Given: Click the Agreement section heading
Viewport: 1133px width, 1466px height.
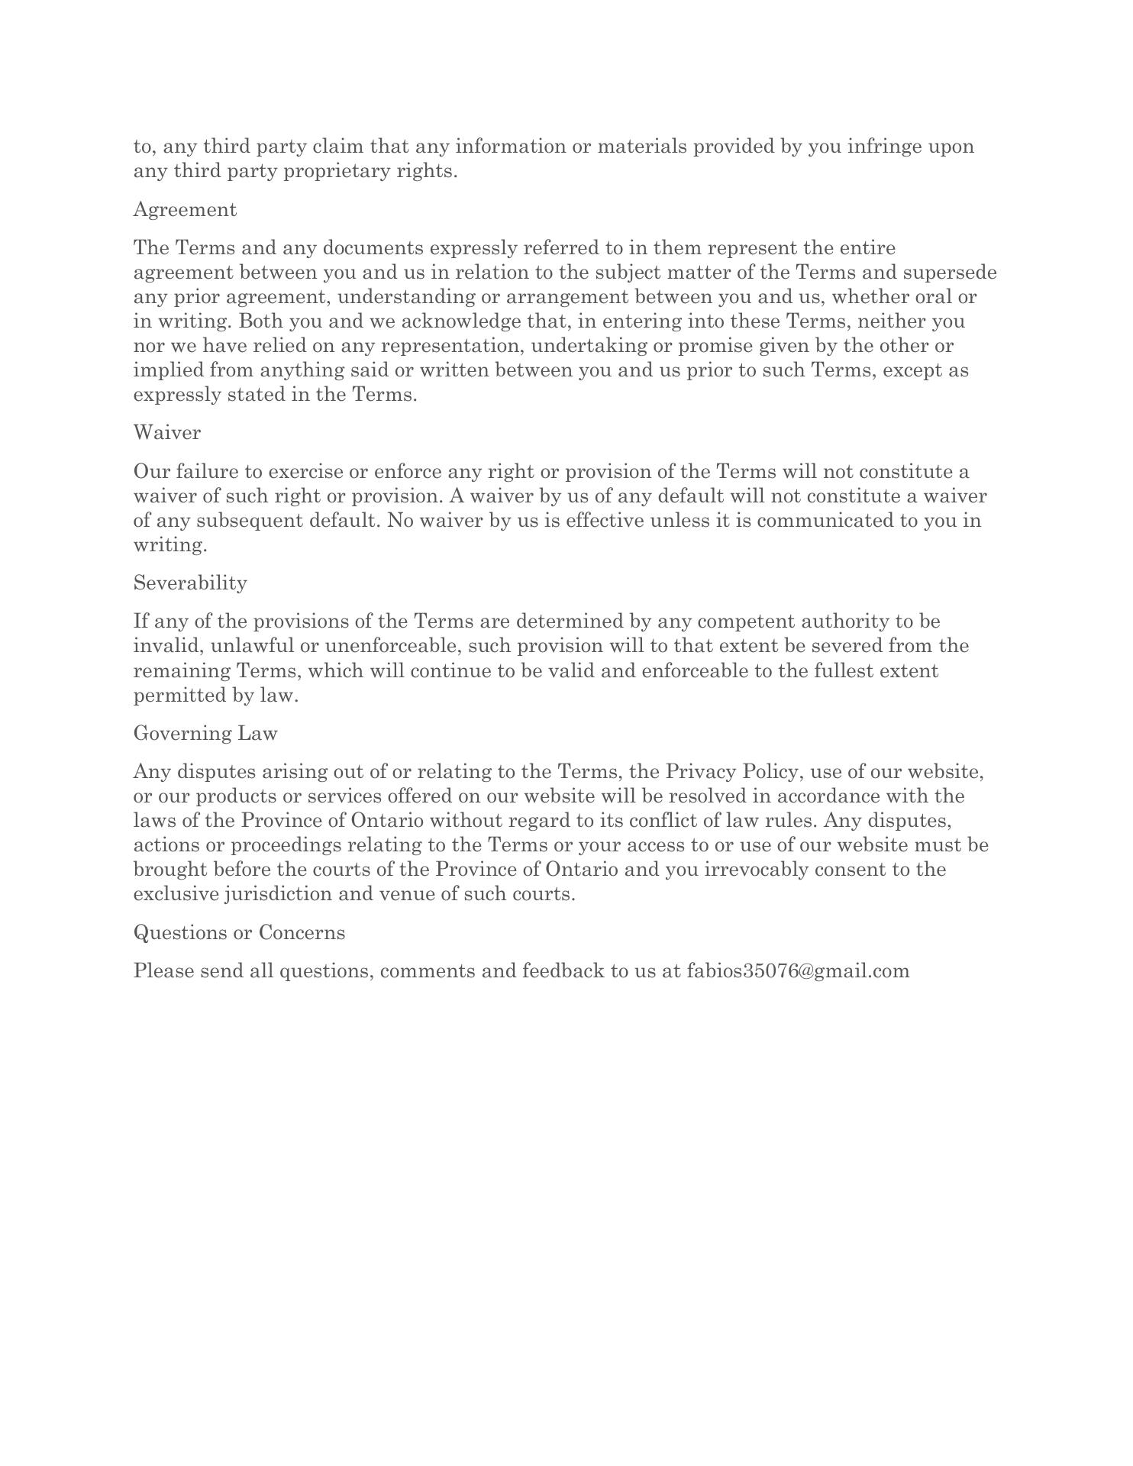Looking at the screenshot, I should point(185,210).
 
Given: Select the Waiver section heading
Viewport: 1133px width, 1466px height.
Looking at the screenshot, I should point(167,433).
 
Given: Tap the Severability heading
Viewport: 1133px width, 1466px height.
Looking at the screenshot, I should point(190,583).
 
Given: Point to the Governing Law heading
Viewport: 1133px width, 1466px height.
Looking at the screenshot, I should point(205,734).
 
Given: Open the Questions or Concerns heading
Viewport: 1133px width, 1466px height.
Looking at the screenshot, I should point(239,933).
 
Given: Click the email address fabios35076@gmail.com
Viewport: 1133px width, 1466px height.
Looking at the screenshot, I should point(798,971).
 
